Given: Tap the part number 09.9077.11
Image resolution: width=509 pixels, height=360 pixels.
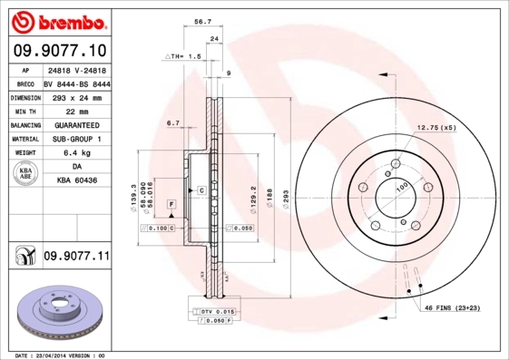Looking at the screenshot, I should point(76,258).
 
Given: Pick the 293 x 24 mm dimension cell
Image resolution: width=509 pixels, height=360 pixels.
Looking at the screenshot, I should point(77,97).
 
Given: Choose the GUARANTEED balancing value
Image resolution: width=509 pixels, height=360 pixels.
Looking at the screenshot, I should point(77,125).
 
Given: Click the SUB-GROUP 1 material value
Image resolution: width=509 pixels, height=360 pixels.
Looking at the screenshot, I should point(77,139).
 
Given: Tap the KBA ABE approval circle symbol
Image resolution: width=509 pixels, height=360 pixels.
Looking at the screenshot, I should point(25,174).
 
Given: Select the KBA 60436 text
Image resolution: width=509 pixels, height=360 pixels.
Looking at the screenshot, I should point(77,181).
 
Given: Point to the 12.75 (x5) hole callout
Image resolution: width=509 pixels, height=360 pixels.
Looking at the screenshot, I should point(436,128).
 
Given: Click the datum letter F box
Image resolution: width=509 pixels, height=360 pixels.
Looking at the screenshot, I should point(170,208).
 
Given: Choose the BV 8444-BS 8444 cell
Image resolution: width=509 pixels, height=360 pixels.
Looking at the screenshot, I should point(77,83).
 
